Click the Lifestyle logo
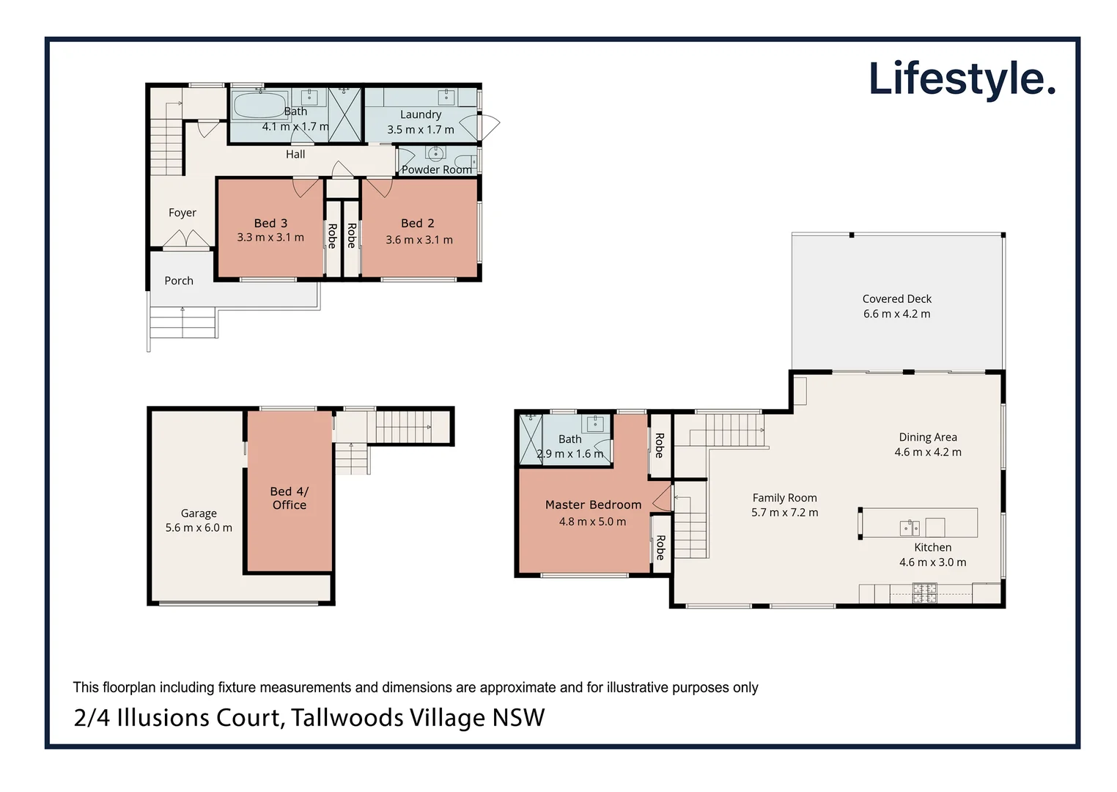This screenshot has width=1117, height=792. pyautogui.click(x=962, y=79)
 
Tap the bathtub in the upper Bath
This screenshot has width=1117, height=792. pyautogui.click(x=259, y=105)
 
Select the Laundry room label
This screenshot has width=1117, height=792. pyautogui.click(x=421, y=114)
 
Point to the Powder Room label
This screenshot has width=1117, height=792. pyautogui.click(x=436, y=169)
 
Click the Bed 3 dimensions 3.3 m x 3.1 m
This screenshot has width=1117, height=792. pyautogui.click(x=270, y=237)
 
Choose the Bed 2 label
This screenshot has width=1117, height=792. pyautogui.click(x=417, y=223)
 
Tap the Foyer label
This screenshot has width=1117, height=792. pyautogui.click(x=182, y=213)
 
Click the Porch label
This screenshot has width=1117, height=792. pyautogui.click(x=179, y=280)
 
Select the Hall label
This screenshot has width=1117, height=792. pyautogui.click(x=295, y=154)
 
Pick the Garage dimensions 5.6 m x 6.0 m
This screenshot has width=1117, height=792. pyautogui.click(x=199, y=527)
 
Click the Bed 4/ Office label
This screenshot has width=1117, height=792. pyautogui.click(x=290, y=498)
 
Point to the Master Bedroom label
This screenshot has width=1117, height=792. pyautogui.click(x=593, y=505)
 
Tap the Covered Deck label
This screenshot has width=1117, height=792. pyautogui.click(x=896, y=298)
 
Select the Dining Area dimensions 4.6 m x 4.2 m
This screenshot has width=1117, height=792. pyautogui.click(x=927, y=452)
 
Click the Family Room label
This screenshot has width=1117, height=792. pyautogui.click(x=784, y=497)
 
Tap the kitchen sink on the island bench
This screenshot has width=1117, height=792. pyautogui.click(x=910, y=527)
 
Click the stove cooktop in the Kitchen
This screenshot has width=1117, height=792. pyautogui.click(x=924, y=593)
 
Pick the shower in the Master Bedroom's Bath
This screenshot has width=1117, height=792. pyautogui.click(x=531, y=439)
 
